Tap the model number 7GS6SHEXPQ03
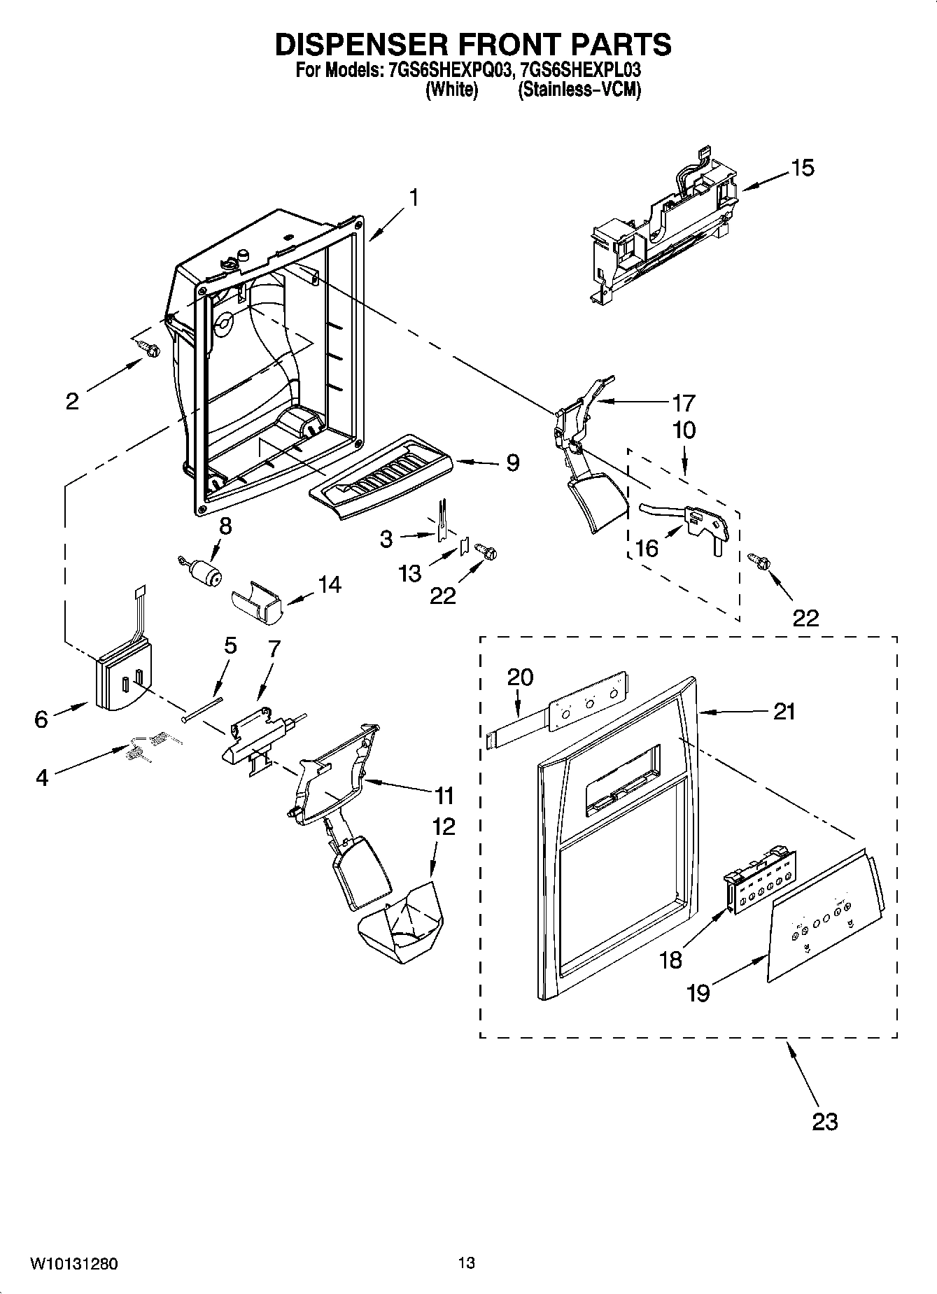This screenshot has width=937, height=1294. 446,71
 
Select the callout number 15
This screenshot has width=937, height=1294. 803,168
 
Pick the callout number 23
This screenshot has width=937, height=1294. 824,1121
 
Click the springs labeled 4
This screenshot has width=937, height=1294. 146,744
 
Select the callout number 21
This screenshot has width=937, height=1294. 784,712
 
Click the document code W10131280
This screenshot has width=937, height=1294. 73,1264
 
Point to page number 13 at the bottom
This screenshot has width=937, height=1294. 466,1263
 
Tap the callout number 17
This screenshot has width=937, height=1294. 683,402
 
